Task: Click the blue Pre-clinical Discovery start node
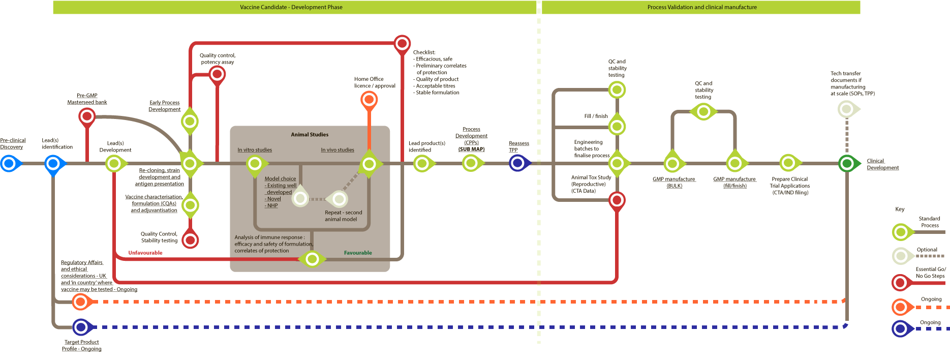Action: (x=9, y=164)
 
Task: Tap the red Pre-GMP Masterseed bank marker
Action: (x=87, y=116)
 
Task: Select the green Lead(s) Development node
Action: (x=114, y=164)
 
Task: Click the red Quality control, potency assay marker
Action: (x=217, y=74)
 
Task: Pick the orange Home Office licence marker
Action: (x=369, y=99)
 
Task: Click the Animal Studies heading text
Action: (x=310, y=135)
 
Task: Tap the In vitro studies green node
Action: (x=255, y=164)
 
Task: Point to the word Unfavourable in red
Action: (x=145, y=253)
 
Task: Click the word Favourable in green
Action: (x=358, y=253)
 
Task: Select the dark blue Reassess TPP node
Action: (x=518, y=163)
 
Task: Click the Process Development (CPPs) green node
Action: (x=471, y=163)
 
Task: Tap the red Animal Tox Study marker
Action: (x=617, y=200)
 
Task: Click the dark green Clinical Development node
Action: (x=846, y=163)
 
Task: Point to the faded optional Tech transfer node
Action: (x=846, y=108)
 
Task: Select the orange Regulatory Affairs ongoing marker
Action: (x=80, y=302)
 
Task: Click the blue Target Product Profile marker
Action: (x=81, y=327)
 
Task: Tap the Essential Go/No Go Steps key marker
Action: (x=901, y=282)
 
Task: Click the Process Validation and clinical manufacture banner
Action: (x=701, y=7)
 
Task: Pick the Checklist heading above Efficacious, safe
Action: (x=424, y=52)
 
